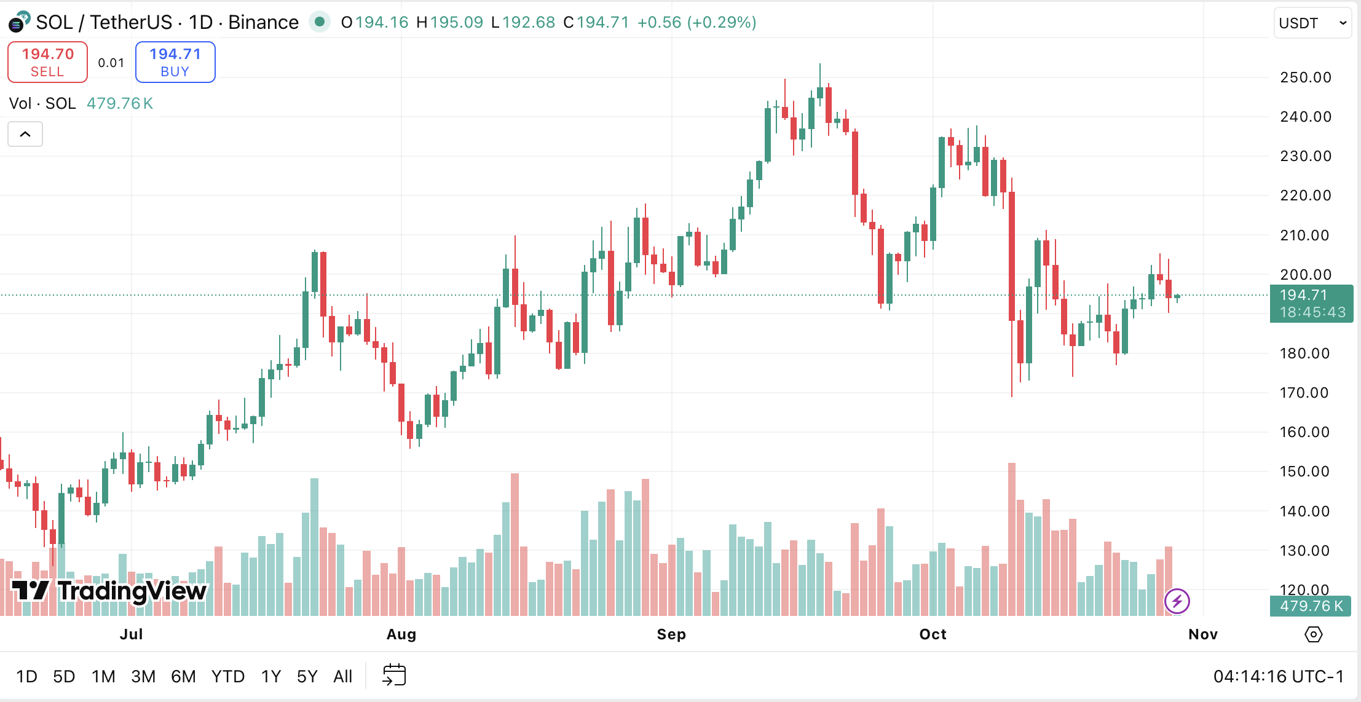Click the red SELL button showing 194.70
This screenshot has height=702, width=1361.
[47, 62]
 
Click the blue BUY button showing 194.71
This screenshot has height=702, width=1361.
[175, 62]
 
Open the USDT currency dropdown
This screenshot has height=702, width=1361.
[1312, 23]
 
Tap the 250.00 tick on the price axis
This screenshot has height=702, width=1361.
[1305, 77]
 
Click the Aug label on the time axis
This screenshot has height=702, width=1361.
[401, 634]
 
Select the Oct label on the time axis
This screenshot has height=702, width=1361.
[933, 634]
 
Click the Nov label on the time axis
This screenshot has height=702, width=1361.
[1203, 634]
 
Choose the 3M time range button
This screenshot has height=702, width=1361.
[143, 677]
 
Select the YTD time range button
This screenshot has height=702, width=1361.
[228, 677]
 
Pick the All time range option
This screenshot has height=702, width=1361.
[342, 677]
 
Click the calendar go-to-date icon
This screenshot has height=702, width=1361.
[394, 675]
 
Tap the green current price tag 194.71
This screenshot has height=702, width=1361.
[1311, 304]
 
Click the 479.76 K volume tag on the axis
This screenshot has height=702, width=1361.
[1311, 606]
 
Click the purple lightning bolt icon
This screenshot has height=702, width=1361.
[1177, 601]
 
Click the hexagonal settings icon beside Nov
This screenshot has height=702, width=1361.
[1313, 634]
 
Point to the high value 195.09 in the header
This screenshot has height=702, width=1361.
[456, 23]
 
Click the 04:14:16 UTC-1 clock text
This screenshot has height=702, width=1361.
[1278, 677]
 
